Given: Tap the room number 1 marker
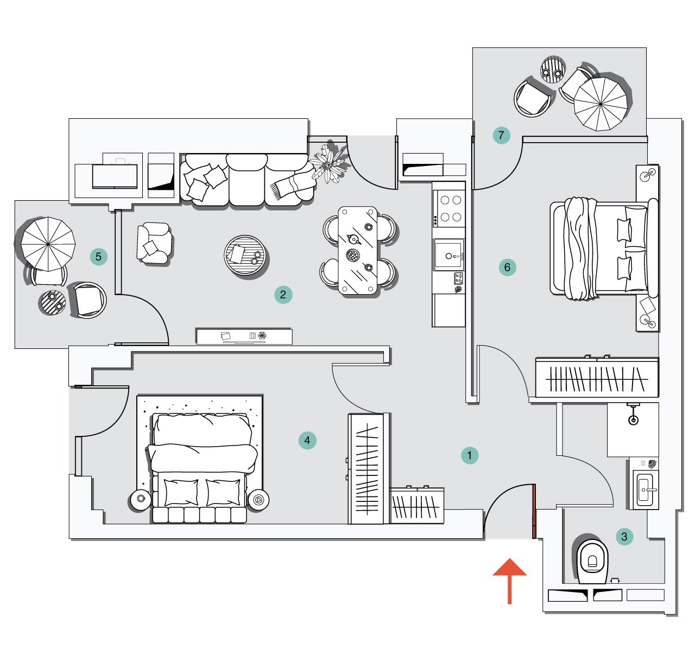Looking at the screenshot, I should tap(470, 455).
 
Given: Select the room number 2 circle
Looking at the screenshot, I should tap(283, 295).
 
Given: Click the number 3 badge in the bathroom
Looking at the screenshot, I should tap(624, 537).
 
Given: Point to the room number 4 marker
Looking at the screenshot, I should tap(307, 440).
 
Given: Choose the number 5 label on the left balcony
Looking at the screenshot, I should tap(98, 257).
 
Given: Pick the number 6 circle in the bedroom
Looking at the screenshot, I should tap(507, 267).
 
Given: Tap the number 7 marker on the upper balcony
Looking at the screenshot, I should tap(501, 135).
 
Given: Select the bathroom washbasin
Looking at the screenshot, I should tap(646, 489).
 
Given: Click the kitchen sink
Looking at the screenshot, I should tap(448, 255).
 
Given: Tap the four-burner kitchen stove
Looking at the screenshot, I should tap(450, 209).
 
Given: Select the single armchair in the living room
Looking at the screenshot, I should tap(155, 244).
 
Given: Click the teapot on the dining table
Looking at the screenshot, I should tap(354, 239).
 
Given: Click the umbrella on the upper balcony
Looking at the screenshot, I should tap(601, 104).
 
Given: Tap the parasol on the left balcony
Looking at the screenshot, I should tap(48, 244).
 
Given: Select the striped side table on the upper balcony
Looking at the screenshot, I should tap(553, 70).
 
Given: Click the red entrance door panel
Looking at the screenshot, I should tap(534, 511).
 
